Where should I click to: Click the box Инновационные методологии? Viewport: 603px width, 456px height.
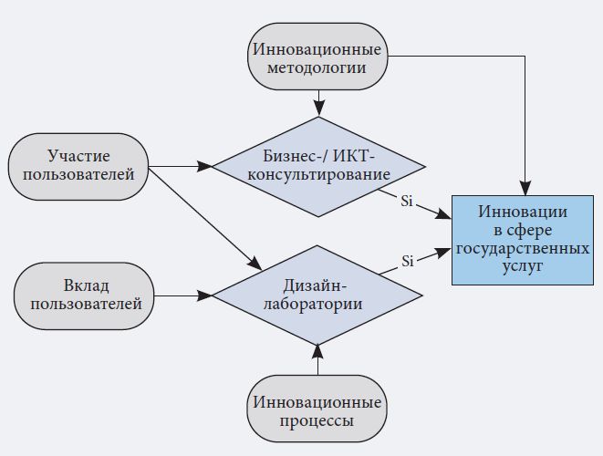pyautogui.click(x=317, y=57)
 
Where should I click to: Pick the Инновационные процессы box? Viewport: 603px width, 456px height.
pyautogui.click(x=317, y=413)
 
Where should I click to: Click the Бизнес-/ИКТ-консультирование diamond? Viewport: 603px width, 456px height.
pyautogui.click(x=317, y=166)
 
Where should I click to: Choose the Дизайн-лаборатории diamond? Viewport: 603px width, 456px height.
pyautogui.click(x=317, y=294)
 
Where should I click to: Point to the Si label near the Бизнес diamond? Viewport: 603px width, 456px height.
pyautogui.click(x=407, y=201)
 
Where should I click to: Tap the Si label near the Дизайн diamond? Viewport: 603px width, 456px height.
pyautogui.click(x=408, y=262)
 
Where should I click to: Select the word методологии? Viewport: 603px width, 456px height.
pyautogui.click(x=317, y=67)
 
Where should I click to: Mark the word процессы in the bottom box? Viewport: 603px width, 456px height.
pyautogui.click(x=317, y=423)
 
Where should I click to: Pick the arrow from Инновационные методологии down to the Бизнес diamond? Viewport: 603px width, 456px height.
pyautogui.click(x=317, y=102)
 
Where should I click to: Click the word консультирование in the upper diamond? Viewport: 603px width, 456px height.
pyautogui.click(x=318, y=174)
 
